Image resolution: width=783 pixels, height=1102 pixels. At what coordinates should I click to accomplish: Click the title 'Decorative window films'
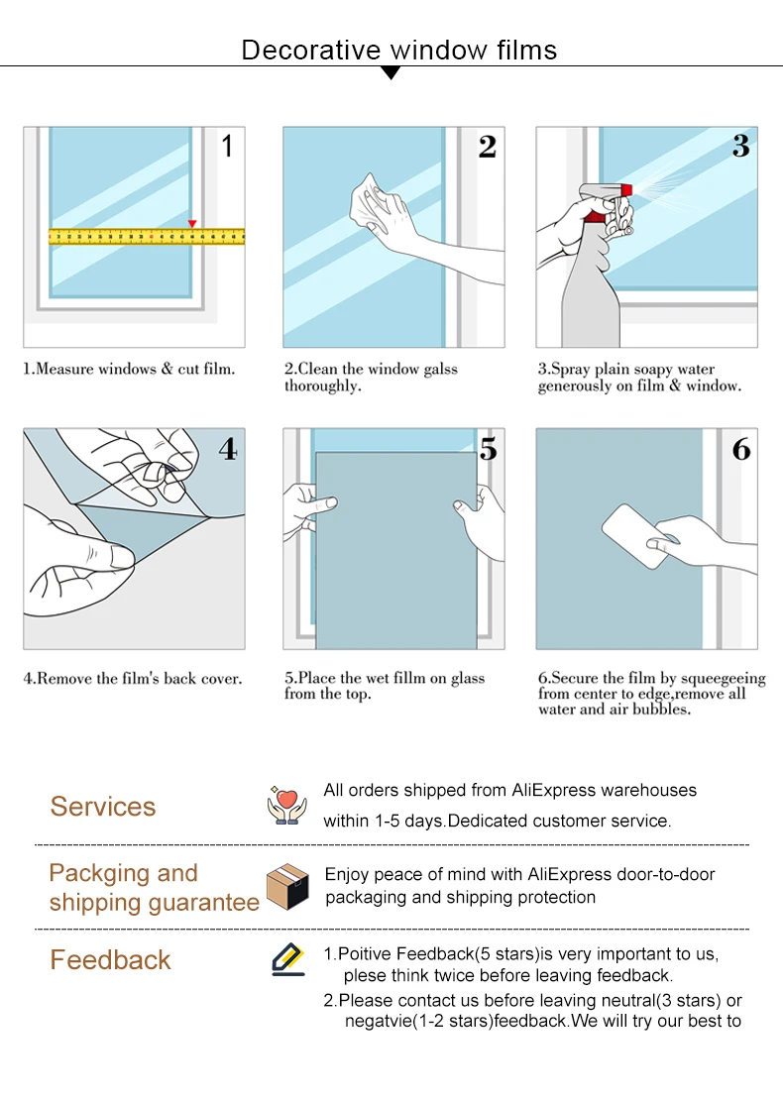click(398, 50)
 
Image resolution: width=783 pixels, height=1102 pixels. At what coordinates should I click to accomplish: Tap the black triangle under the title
click(391, 72)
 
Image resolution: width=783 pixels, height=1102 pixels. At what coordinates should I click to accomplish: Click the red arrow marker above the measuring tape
click(192, 224)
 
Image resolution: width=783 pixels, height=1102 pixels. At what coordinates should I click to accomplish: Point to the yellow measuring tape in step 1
click(147, 236)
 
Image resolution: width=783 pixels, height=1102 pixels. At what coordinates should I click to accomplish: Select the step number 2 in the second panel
click(488, 147)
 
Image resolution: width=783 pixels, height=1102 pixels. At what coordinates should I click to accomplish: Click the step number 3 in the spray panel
click(740, 146)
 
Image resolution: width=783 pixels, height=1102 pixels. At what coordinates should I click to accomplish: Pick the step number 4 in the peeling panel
click(228, 448)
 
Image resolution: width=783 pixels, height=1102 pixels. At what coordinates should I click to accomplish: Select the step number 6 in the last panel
click(741, 449)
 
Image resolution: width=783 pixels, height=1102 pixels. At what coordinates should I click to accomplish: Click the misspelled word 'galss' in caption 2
click(441, 369)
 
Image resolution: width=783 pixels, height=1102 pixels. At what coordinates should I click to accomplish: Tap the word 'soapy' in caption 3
click(654, 370)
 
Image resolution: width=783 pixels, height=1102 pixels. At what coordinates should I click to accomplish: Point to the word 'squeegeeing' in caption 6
click(724, 678)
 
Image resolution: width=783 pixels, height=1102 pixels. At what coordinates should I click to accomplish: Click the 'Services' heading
click(103, 806)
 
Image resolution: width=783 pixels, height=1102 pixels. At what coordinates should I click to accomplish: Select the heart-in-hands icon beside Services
click(286, 805)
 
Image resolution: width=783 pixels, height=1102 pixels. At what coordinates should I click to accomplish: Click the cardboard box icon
click(287, 887)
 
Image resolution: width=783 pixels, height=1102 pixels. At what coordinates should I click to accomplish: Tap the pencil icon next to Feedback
click(288, 959)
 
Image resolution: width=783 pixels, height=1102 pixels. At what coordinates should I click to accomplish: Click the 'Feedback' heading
click(110, 959)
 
